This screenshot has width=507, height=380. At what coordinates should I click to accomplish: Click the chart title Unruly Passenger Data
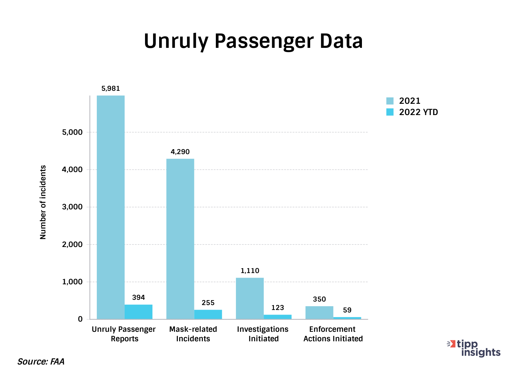click(253, 41)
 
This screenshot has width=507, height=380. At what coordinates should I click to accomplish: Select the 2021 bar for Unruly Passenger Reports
click(111, 207)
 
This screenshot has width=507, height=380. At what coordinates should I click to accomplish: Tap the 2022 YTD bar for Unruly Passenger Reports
click(138, 312)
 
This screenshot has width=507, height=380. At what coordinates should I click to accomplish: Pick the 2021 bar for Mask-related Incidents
click(180, 239)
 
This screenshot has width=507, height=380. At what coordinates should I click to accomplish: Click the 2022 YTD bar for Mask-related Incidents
click(208, 314)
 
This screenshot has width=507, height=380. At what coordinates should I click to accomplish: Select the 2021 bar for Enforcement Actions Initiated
click(319, 312)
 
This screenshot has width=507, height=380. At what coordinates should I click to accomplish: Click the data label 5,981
click(111, 89)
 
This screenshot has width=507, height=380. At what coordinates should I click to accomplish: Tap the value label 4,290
click(180, 152)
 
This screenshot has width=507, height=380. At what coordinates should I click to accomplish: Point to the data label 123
click(277, 308)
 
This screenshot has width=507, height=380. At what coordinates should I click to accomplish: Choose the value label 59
click(347, 310)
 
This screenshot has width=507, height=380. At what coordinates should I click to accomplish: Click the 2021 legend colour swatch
click(390, 101)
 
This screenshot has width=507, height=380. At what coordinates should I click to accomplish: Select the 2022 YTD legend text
click(418, 112)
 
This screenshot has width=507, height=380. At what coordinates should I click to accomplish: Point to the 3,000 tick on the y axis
click(72, 207)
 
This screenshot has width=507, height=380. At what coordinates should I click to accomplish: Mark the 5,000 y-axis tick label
click(72, 132)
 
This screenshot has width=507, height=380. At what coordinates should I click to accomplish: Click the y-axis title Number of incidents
click(43, 202)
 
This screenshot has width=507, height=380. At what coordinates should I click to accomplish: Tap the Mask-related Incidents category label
click(193, 334)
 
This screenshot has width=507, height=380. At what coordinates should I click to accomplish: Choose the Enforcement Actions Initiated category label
click(333, 334)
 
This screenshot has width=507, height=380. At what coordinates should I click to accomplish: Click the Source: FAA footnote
click(41, 362)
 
